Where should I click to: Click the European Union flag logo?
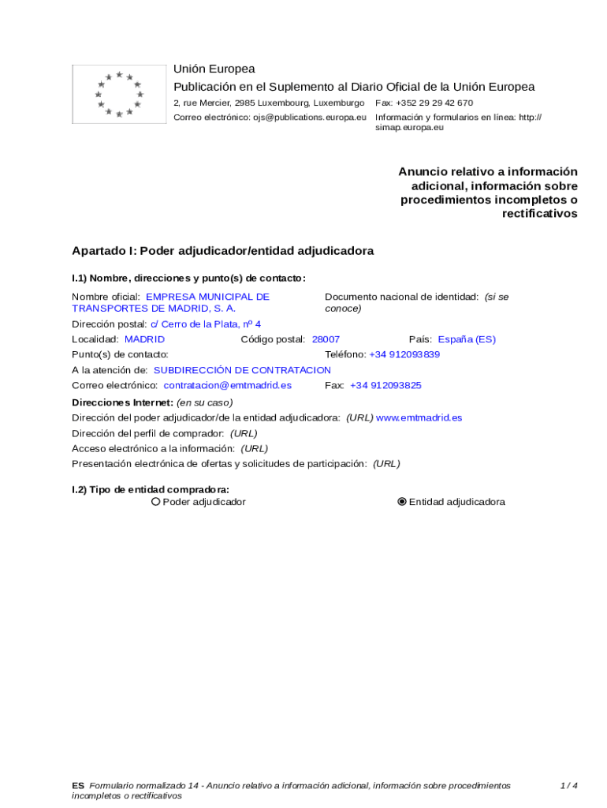pos(119,95)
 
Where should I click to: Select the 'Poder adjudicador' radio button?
pos(156,502)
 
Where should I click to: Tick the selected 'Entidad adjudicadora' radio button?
pos(403,502)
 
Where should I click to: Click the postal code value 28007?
pos(326,339)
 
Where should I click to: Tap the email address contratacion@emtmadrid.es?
pos(227,386)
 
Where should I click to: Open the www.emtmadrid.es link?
pos(419,417)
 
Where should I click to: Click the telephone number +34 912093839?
pos(404,355)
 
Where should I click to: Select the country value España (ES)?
pos(467,339)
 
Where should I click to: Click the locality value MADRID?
pos(145,339)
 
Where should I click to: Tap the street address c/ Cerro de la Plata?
pos(205,324)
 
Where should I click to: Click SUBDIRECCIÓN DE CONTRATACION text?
pos(242,370)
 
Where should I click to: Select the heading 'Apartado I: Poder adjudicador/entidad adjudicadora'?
pos(223,251)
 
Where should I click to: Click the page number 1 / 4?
pos(568,786)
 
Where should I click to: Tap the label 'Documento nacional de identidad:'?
pos(401,297)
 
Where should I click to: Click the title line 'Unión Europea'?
pos(214,69)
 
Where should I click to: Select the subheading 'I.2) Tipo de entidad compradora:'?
pos(151,489)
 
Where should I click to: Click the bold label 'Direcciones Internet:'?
pos(122,402)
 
